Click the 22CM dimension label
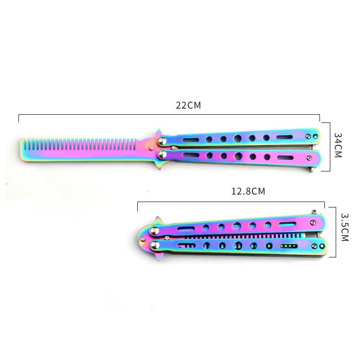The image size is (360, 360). coord(188,105)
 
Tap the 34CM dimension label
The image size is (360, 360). coord(338,145)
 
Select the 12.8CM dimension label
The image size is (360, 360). coord(248,191)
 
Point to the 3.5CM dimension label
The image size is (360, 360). coord(344,227)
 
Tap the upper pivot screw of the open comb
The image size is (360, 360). coord(162,140)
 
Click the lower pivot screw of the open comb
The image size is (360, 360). coord(162,154)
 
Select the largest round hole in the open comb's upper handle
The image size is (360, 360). coord(238,138)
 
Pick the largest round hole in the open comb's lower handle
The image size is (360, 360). coord(238,156)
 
